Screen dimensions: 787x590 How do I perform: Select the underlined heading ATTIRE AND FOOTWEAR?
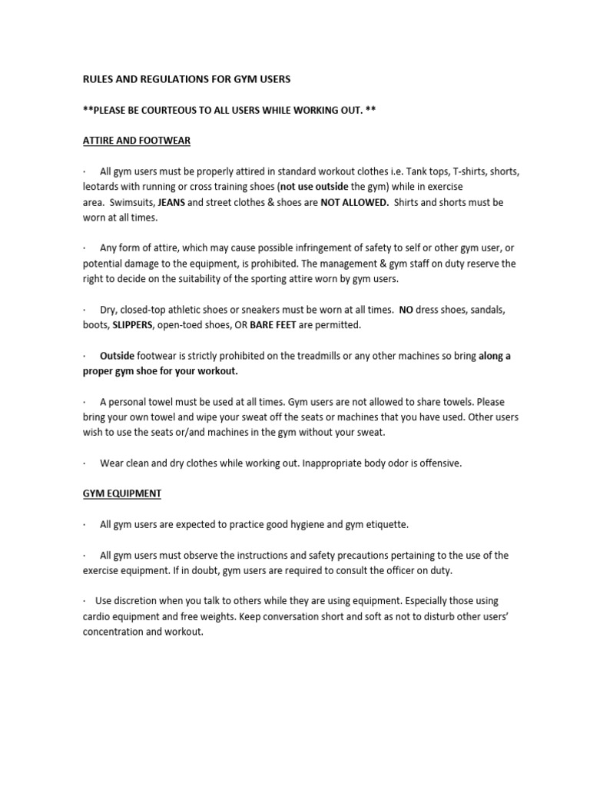point(137,141)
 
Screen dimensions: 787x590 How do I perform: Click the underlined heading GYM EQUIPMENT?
point(122,493)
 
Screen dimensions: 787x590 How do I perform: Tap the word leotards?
point(103,187)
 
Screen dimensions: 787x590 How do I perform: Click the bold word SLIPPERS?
point(132,325)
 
